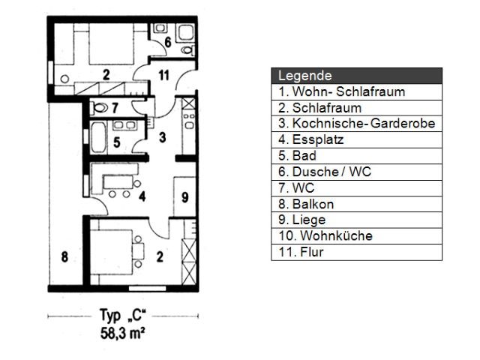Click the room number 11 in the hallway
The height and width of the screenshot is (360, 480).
(163, 75)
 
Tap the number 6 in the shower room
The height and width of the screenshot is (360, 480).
(168, 42)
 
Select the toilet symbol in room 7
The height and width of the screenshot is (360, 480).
(100, 107)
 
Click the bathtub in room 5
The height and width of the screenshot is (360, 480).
(98, 136)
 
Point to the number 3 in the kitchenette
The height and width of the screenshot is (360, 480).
(163, 137)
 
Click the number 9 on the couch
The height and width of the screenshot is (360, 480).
(184, 197)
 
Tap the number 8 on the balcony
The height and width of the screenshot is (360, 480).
(64, 256)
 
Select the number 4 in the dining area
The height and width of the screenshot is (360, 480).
(142, 196)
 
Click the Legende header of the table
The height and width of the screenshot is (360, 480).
(305, 76)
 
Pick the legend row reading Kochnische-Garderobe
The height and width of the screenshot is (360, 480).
(357, 123)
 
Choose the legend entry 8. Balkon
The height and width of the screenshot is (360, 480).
(306, 204)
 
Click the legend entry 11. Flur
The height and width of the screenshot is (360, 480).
(301, 252)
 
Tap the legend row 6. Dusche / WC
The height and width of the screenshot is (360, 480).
(325, 172)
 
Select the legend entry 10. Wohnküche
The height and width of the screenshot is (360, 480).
(325, 235)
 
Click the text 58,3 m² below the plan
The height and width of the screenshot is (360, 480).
(122, 333)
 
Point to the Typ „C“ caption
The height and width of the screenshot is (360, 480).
(123, 315)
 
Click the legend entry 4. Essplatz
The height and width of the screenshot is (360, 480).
(311, 139)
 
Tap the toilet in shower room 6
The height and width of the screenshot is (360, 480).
(187, 50)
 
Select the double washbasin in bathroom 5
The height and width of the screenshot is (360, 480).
(124, 125)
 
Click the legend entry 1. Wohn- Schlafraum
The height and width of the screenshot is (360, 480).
(342, 91)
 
